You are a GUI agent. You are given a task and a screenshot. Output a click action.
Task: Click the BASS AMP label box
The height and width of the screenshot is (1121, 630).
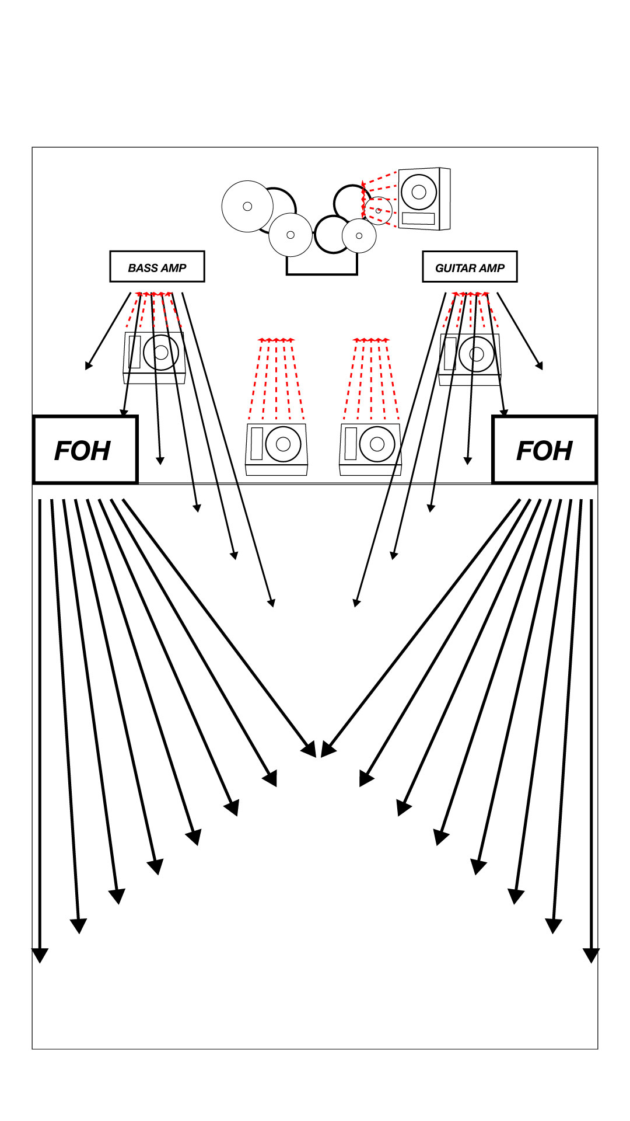pyautogui.click(x=157, y=267)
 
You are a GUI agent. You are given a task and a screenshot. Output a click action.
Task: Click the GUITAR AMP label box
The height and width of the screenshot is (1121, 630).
pyautogui.click(x=470, y=267)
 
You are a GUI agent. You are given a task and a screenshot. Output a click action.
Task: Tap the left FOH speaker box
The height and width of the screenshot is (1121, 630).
pyautogui.click(x=85, y=450)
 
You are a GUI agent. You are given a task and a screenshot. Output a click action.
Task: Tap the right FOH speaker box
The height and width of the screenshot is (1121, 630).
pyautogui.click(x=544, y=450)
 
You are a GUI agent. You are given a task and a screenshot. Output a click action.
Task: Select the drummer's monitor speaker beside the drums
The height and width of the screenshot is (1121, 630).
pyautogui.click(x=424, y=199)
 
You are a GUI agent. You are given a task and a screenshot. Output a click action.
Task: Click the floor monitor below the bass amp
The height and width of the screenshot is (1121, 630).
pyautogui.click(x=154, y=357)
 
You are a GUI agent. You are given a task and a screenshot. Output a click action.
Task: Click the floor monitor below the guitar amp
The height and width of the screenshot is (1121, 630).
pyautogui.click(x=470, y=359)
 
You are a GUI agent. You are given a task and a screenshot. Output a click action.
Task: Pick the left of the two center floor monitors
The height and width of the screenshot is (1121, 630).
pyautogui.click(x=276, y=449)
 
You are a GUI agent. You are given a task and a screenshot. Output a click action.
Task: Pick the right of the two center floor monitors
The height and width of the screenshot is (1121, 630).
pyautogui.click(x=370, y=449)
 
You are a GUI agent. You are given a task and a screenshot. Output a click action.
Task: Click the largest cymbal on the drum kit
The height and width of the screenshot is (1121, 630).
pyautogui.click(x=247, y=206)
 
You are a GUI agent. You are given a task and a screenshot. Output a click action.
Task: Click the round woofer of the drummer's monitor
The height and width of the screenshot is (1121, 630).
pyautogui.click(x=419, y=192)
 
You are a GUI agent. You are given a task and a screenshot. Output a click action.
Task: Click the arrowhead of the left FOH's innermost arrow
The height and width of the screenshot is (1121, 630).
pyautogui.click(x=310, y=750)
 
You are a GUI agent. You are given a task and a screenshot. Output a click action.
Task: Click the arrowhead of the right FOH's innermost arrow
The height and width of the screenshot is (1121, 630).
pyautogui.click(x=327, y=750)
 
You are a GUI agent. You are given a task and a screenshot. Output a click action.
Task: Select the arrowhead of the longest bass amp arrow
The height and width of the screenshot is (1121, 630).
pyautogui.click(x=271, y=603)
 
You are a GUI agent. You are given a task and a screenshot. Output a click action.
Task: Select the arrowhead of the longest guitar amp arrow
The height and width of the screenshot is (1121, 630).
pyautogui.click(x=356, y=603)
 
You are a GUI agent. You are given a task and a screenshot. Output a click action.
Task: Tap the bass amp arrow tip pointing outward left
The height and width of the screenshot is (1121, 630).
pyautogui.click(x=88, y=366)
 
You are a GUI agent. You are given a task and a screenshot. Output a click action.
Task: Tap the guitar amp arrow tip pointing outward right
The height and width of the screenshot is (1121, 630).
pyautogui.click(x=540, y=366)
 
